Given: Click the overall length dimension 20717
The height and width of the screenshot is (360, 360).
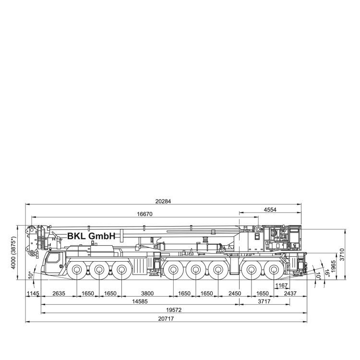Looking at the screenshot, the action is tap(166, 319).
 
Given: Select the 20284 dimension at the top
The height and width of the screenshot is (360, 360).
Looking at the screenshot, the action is tap(163, 201).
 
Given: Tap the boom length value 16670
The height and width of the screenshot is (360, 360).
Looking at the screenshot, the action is tap(144, 214).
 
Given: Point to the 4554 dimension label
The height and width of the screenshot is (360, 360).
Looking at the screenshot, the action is tap(270, 210).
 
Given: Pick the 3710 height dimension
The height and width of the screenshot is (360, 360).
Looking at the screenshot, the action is tap(342, 254).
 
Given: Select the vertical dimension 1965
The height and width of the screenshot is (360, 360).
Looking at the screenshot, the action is tap(334, 266).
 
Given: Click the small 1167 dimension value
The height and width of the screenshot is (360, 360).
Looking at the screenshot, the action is tap(281, 286).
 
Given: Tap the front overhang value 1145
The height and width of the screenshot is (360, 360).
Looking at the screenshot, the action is tap(33, 293).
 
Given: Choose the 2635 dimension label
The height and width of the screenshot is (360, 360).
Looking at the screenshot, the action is tap(59, 293).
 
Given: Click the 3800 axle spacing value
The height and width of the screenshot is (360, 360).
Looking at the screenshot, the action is tap(147, 293).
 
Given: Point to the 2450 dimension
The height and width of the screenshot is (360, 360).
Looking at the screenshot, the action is tap(235, 293).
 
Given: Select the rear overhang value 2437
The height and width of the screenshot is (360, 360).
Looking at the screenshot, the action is tap(290, 293).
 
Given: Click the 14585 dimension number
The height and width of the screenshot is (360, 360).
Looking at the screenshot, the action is tap(140, 301).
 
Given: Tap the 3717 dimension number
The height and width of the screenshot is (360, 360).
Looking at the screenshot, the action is tap(264, 301).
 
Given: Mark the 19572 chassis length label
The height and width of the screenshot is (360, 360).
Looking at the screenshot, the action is tap(174, 310).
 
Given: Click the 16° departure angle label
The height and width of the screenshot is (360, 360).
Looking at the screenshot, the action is tap(327, 273).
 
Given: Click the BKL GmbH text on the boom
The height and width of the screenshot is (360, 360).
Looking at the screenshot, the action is tap(91, 236).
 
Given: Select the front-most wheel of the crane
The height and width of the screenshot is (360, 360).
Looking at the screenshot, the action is tap(77, 270).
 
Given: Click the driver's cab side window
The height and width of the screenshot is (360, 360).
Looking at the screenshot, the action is tap(53, 258).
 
